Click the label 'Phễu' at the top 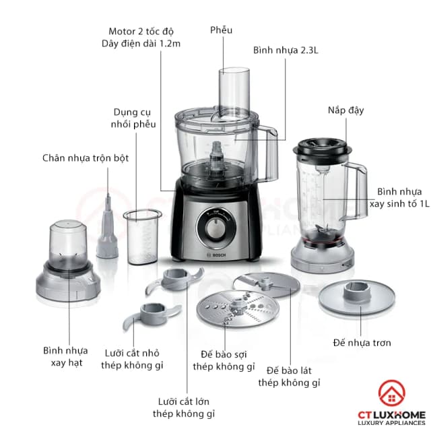(x=221, y=30)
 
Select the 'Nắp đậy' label (x=346, y=109)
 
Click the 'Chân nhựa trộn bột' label (x=85, y=158)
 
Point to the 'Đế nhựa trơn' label (x=362, y=343)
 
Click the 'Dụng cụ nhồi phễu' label (x=135, y=118)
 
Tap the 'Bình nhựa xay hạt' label (x=65, y=357)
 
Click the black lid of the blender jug (x=322, y=145)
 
